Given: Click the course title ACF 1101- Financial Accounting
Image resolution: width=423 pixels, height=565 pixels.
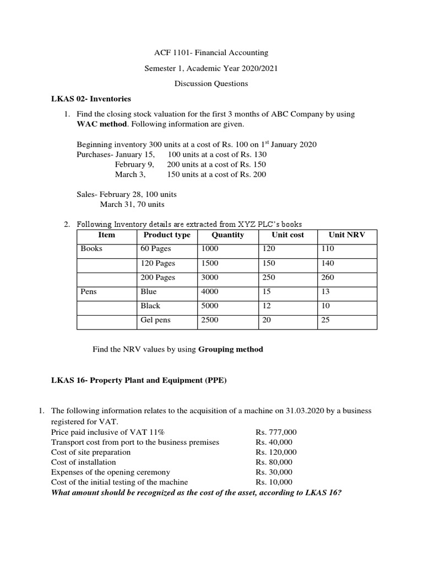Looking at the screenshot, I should pyautogui.click(x=211, y=53).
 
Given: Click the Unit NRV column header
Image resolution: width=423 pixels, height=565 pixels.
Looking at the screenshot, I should pyautogui.click(x=346, y=235).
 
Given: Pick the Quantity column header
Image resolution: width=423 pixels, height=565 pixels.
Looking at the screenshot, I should pyautogui.click(x=227, y=235).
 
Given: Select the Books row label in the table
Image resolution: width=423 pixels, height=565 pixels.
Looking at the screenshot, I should pyautogui.click(x=91, y=249).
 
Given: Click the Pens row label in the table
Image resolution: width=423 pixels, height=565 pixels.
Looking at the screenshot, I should pyautogui.click(x=89, y=292).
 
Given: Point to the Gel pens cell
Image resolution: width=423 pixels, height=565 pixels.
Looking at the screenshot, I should pyautogui.click(x=156, y=320).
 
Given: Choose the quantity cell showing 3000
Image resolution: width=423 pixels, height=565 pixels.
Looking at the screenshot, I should pyautogui.click(x=210, y=278).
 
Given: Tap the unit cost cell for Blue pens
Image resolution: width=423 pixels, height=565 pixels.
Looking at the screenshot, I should pyautogui.click(x=267, y=292).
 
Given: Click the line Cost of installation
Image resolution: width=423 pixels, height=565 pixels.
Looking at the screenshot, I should pyautogui.click(x=83, y=462).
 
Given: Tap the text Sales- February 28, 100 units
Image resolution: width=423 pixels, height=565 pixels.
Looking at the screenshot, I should pyautogui.click(x=126, y=195).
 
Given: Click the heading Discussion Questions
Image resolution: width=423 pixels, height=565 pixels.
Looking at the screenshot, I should pyautogui.click(x=211, y=84).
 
